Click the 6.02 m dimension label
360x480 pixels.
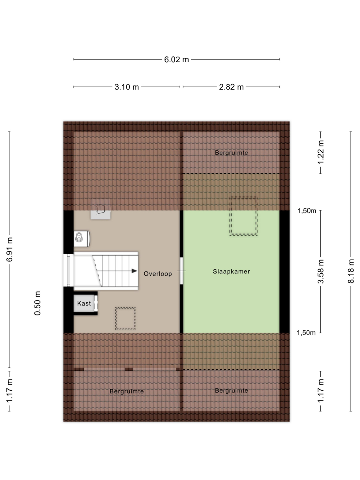[176, 60]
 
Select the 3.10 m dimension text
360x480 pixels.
[126, 87]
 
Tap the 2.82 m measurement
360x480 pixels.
[231, 87]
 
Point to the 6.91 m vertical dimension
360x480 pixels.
[10, 249]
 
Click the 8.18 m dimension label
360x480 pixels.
[351, 271]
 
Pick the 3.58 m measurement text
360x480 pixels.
[321, 271]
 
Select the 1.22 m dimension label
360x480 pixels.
[321, 152]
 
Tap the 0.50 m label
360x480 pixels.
[37, 303]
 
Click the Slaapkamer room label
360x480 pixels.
[231, 271]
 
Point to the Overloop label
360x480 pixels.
[157, 274]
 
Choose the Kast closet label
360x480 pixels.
[84, 303]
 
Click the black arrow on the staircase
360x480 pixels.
[134, 271]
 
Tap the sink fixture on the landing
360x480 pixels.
[81, 239]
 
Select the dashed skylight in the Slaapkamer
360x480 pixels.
[243, 216]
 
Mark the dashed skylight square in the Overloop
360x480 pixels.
[125, 319]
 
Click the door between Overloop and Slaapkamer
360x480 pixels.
[181, 271]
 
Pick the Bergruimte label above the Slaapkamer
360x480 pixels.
[231, 153]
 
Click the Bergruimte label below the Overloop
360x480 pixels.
[126, 391]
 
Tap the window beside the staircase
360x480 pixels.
[68, 270]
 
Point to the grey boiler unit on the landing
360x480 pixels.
[100, 209]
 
